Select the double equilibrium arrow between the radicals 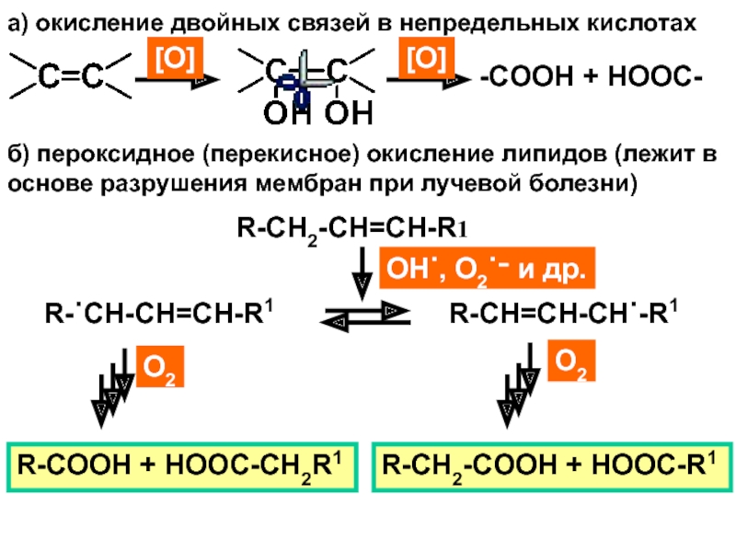pos(362,317)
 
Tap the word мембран pos(294,182)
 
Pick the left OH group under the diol pos(288,114)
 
